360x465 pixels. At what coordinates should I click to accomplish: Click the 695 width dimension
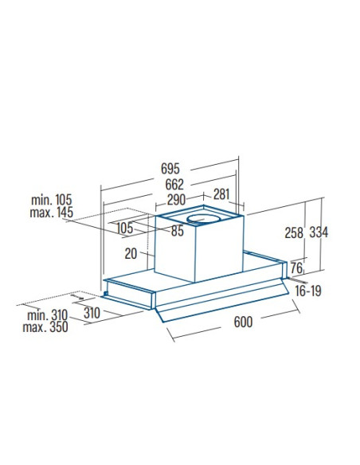coord(170,169)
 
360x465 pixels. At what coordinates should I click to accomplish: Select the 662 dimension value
coord(174,185)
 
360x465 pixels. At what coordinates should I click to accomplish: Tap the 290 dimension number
coord(176,200)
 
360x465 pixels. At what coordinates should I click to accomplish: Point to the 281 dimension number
coord(221,194)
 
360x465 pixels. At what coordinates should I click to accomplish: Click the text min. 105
coord(52,200)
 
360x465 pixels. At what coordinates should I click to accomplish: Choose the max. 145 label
coord(51,213)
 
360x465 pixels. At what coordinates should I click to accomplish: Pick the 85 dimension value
coord(178,231)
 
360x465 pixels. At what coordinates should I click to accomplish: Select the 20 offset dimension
coord(131,254)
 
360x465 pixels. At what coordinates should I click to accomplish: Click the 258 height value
coord(294,232)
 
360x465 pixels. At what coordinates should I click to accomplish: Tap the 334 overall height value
coord(319,232)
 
